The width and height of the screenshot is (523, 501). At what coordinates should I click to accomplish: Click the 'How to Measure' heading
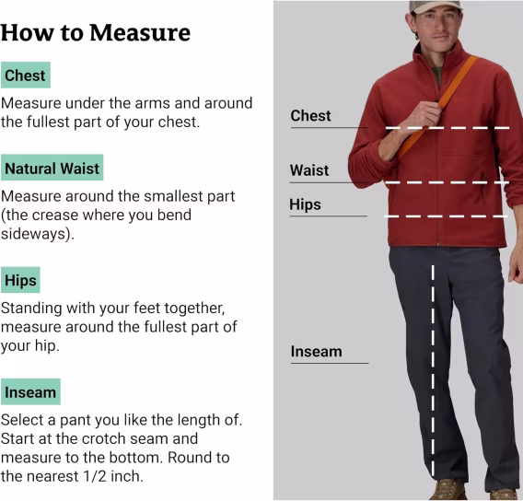(x=96, y=32)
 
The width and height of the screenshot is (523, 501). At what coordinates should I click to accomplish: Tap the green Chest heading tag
(x=26, y=75)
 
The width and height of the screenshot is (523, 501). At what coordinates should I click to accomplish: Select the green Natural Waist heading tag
(x=52, y=168)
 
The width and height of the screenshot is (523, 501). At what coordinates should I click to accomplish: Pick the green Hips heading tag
(x=20, y=280)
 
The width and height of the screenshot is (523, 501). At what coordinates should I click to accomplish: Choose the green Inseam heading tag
(x=30, y=391)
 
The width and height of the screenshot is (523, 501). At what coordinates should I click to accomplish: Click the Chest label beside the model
(x=310, y=116)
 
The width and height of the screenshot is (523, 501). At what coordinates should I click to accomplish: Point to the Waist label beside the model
(x=309, y=170)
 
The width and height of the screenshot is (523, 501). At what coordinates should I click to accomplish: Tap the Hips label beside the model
(x=305, y=204)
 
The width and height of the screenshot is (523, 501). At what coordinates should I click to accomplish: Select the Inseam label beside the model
(x=316, y=351)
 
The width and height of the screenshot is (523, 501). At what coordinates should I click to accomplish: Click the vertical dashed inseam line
(x=433, y=370)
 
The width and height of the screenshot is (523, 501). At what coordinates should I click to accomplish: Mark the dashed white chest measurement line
(x=447, y=128)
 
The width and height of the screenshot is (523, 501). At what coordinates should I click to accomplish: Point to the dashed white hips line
(x=446, y=216)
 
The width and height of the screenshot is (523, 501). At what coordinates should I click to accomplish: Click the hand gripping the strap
(x=423, y=118)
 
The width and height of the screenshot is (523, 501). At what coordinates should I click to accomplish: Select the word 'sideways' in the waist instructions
(x=35, y=234)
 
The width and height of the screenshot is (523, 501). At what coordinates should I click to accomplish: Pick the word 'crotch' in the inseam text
(x=103, y=438)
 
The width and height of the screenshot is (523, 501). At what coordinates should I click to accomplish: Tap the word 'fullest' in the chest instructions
(x=48, y=122)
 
